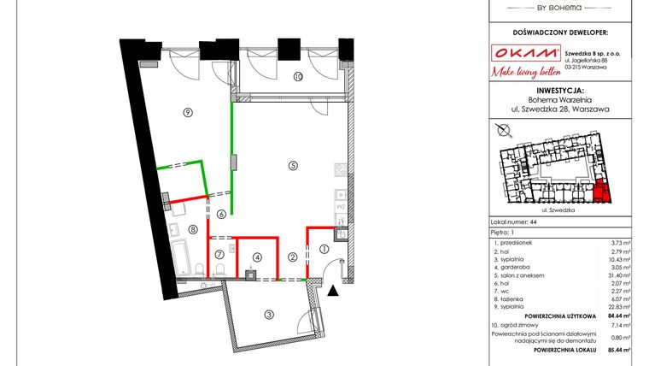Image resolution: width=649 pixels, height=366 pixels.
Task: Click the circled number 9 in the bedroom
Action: pos(186,113)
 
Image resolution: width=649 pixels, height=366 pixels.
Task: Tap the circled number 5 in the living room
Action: pos(292,166)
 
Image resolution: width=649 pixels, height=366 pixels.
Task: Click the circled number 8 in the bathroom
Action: pos(194,228)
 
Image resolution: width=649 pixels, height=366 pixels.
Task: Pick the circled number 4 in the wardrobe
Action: pos(256,256)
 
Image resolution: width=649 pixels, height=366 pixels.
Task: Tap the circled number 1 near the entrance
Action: pos(324,249)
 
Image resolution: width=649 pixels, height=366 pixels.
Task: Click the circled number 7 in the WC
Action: pos(219,254)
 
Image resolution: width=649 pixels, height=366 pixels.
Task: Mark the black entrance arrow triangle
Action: pos(334,291)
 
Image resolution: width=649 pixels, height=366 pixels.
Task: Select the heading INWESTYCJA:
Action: pos(560,89)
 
